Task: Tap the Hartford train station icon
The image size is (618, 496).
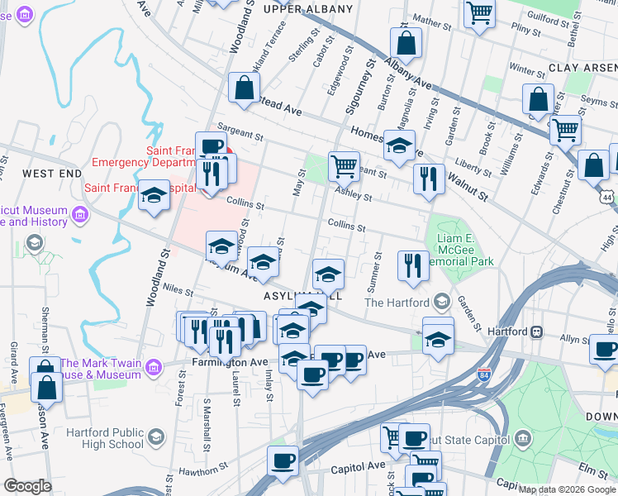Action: click(x=536, y=331)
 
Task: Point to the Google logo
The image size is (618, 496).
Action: click(x=27, y=486)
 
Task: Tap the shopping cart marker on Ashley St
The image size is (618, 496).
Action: click(x=343, y=166)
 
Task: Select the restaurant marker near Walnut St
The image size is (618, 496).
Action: click(x=429, y=180)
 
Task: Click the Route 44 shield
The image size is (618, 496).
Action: click(x=608, y=198)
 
